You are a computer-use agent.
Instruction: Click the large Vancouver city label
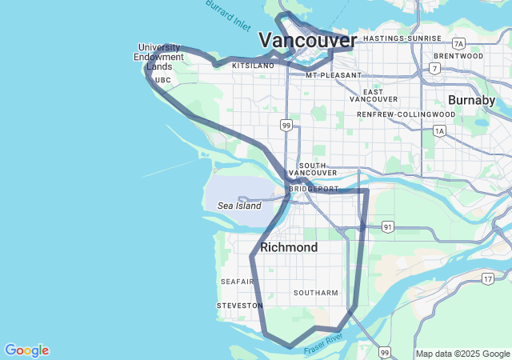point(307,40)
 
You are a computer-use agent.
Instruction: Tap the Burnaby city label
point(471,100)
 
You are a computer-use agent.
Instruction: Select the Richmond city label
point(289,247)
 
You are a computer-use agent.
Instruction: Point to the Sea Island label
point(239,206)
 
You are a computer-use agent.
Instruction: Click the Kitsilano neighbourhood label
point(253,66)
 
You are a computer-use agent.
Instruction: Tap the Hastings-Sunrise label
point(402,38)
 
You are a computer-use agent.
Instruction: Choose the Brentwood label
point(458,56)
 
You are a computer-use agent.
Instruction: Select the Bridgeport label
point(314,189)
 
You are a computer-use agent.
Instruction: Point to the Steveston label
point(239,306)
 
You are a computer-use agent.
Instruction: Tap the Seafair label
point(237,282)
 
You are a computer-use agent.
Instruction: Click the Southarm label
point(316,293)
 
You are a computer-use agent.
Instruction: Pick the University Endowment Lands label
point(158,57)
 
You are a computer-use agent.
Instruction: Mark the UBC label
point(162,80)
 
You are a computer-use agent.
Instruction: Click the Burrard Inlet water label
point(228,13)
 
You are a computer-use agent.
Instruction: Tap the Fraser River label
point(323,345)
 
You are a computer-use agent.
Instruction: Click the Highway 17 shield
point(487,278)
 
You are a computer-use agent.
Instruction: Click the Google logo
point(26,350)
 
